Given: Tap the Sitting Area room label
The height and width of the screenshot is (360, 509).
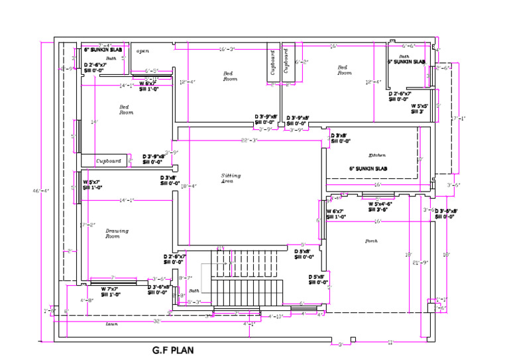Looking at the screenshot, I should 231,178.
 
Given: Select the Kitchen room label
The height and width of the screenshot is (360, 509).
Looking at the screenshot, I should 368,154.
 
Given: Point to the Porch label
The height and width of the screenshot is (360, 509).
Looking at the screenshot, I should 371,241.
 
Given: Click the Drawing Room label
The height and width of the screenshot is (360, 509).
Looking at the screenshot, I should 117,233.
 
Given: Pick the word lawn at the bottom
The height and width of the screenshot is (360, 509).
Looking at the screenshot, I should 111,324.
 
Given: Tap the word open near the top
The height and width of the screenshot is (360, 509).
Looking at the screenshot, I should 142,50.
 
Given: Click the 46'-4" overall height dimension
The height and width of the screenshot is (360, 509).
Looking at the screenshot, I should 41,191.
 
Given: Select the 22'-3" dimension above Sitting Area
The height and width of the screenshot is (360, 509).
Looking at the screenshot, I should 249,141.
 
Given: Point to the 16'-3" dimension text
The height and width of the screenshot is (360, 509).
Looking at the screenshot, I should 227,49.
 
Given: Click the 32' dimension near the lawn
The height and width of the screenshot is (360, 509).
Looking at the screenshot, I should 157,321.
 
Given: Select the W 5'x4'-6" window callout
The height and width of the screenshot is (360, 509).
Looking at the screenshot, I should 380,206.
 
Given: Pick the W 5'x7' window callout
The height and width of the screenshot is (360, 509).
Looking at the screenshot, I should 91,184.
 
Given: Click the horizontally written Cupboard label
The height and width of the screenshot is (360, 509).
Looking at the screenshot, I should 109,160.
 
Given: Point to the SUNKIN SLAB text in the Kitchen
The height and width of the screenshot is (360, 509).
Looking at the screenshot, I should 371,169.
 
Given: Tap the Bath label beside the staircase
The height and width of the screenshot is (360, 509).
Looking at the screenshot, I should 194,290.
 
